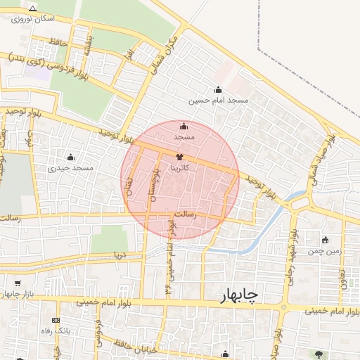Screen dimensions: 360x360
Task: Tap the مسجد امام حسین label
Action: coord(219,101)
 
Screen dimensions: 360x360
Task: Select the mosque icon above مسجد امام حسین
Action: coord(218,90)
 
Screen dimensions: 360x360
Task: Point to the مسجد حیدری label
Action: coord(71,168)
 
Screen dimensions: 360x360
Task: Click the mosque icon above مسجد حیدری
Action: coord(70,156)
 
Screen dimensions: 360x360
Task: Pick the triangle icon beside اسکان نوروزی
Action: coord(32,8)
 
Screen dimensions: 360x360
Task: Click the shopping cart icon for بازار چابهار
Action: coord(17,283)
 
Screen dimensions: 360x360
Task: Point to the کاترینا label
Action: coord(180,168)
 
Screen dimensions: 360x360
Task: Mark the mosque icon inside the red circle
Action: coord(184,127)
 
